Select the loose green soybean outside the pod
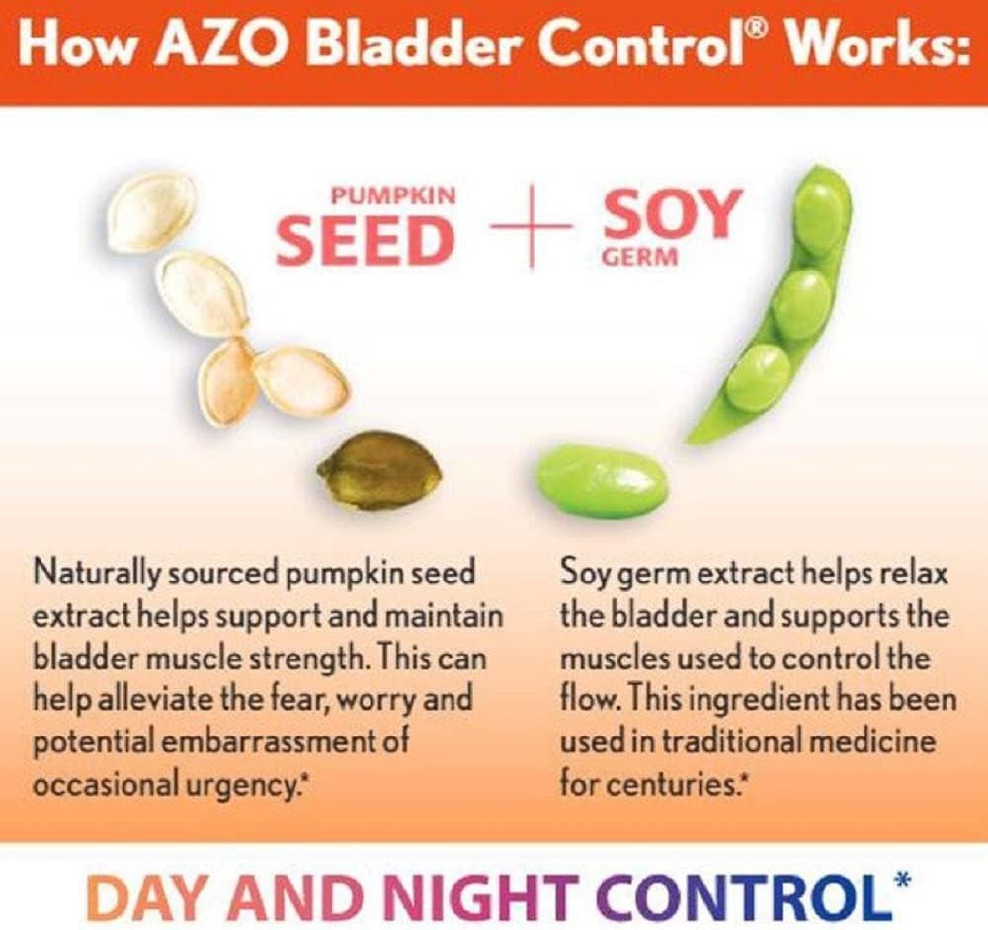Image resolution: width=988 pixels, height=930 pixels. pos(602,481)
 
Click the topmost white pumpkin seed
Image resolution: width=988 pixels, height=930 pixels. pos(151,211)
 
